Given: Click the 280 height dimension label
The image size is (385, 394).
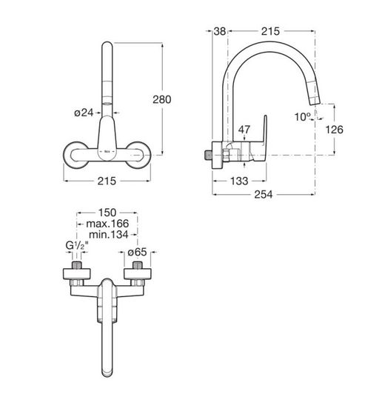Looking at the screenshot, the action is (162, 99).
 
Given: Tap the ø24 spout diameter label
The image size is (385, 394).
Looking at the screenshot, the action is (84, 113).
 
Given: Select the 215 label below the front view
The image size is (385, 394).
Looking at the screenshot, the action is (107, 181).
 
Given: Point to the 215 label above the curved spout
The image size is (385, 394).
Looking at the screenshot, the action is (270, 31).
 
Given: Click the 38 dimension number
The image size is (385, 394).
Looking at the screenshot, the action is (219, 31).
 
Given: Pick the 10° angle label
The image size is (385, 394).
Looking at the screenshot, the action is (303, 117).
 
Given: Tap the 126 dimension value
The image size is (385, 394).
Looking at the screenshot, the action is (334, 130).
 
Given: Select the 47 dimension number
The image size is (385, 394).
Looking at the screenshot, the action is (244, 130).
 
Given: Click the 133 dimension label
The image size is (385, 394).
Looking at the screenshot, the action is (239, 181).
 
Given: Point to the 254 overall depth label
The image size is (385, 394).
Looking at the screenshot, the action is (263, 194).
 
